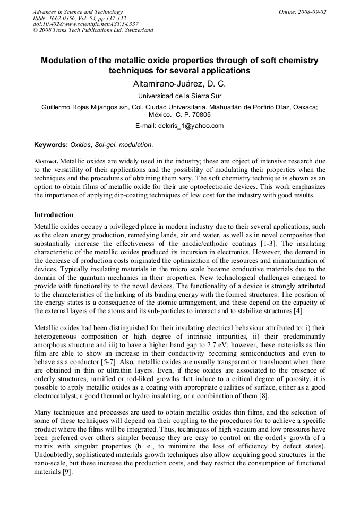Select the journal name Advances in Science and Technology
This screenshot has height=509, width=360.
(78, 12)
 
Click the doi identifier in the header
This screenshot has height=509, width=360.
(85, 24)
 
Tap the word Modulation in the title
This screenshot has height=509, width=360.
(67, 61)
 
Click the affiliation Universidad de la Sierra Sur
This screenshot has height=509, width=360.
(179, 96)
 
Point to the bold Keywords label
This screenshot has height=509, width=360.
(51, 144)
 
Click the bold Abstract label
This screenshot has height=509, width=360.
(46, 161)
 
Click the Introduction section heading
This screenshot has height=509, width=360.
(54, 215)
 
